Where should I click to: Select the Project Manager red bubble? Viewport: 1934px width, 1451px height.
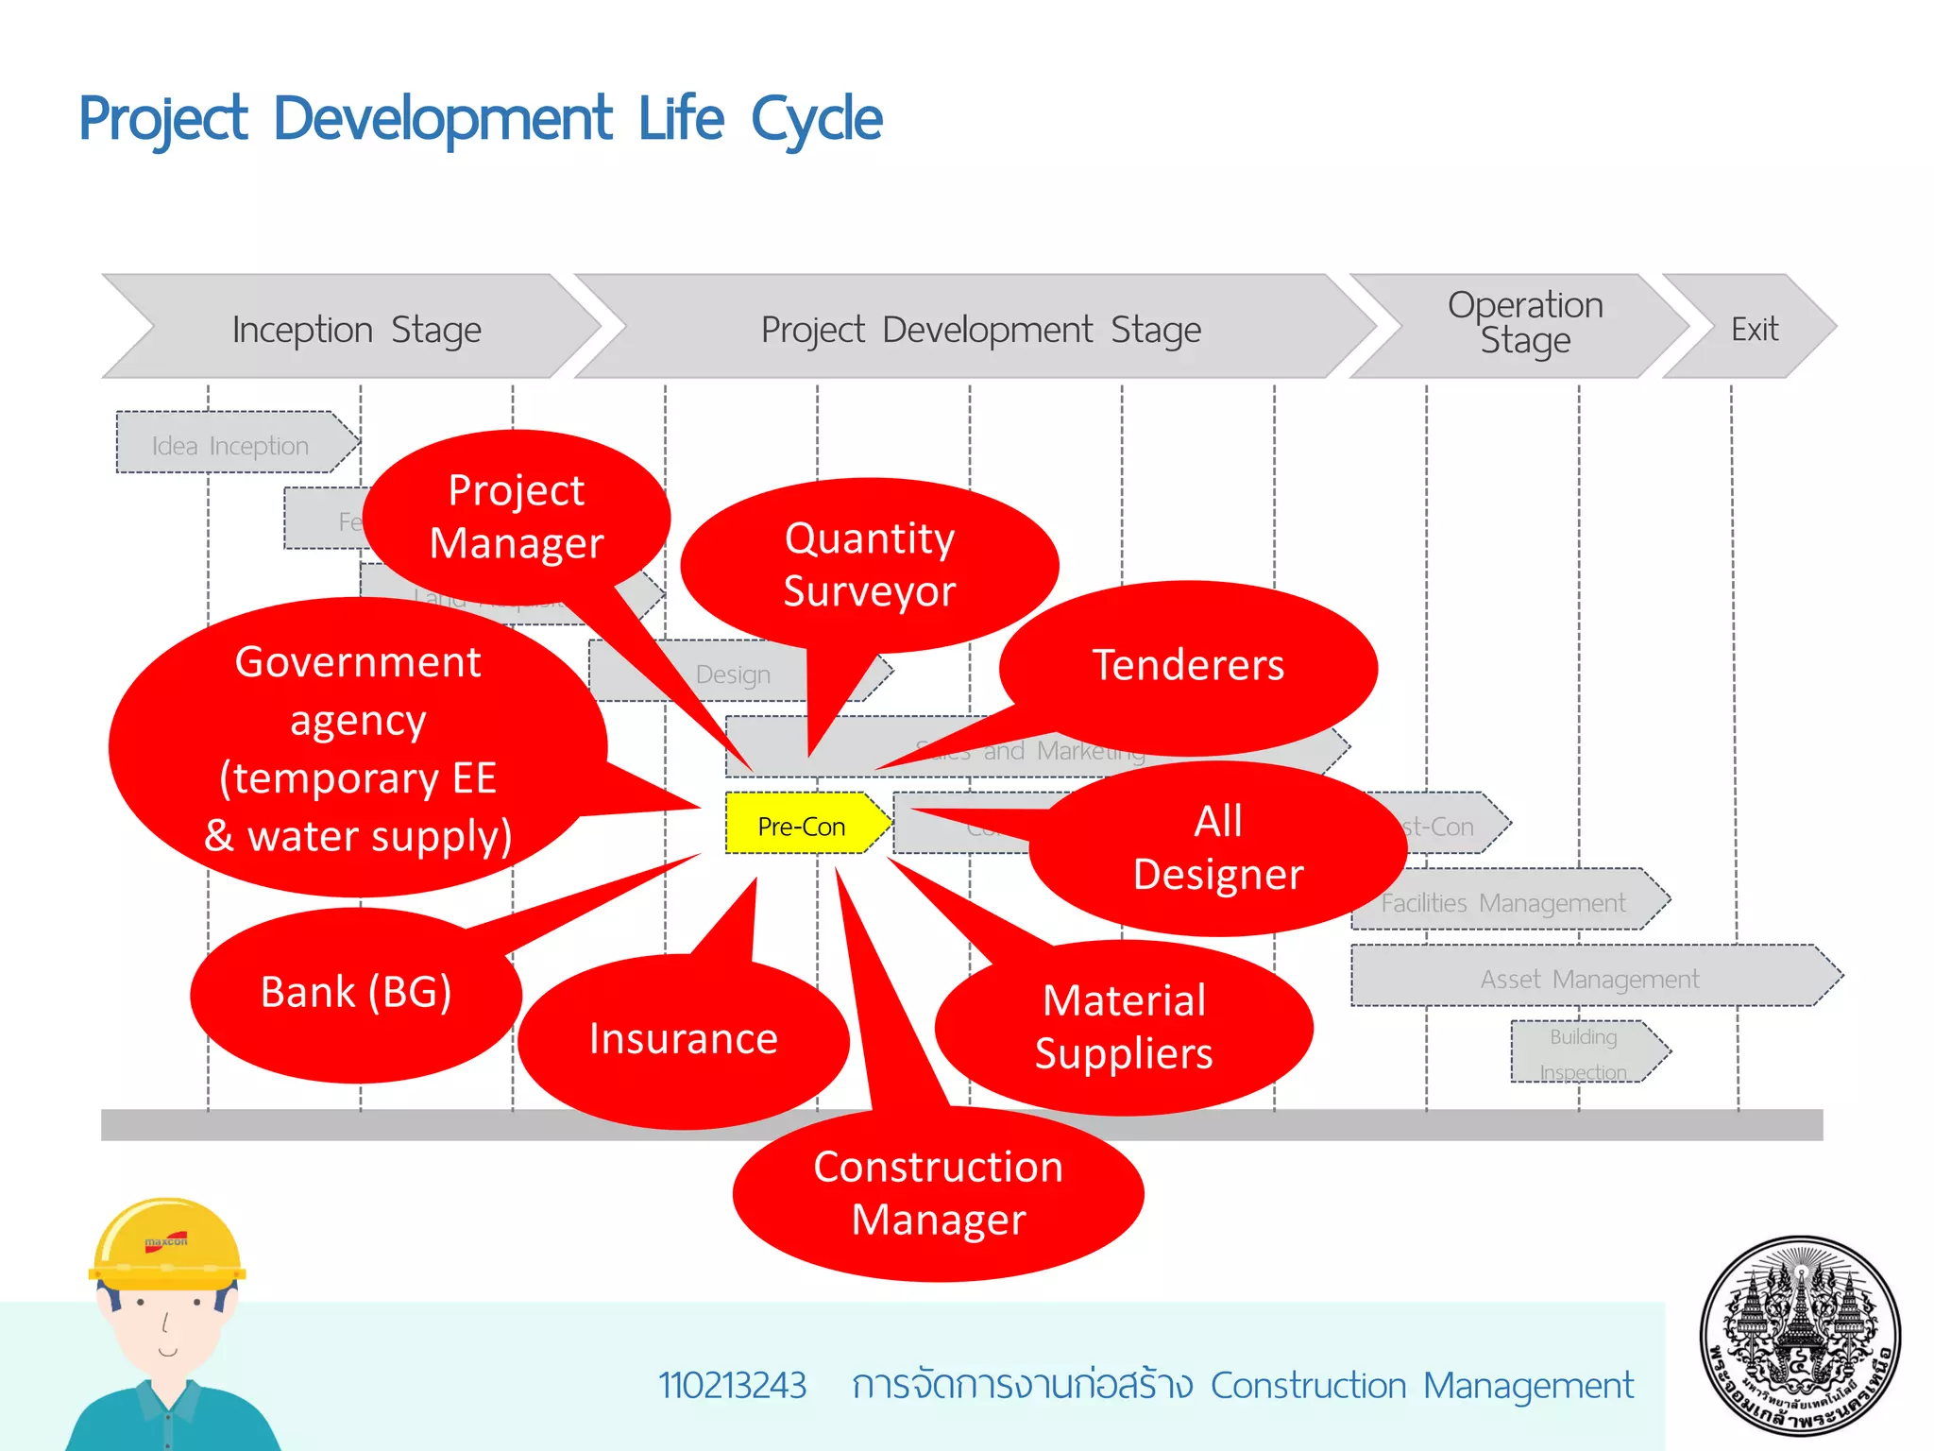click(517, 518)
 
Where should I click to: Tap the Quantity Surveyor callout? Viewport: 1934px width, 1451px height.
click(869, 565)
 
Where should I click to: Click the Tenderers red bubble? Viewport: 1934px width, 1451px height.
click(1188, 665)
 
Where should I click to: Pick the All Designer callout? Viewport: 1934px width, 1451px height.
click(1218, 848)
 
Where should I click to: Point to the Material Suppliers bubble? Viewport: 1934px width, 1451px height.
click(1124, 1028)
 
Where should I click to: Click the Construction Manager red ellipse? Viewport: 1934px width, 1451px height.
click(938, 1194)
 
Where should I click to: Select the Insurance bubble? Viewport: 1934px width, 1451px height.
click(683, 1040)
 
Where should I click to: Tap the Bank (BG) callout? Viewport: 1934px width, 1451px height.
click(356, 993)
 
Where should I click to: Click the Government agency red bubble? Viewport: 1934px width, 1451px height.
click(358, 748)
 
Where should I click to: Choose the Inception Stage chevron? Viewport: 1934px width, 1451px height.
click(356, 329)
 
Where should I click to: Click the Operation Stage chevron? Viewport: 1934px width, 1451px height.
click(1524, 323)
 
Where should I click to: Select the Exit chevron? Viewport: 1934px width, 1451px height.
click(1753, 329)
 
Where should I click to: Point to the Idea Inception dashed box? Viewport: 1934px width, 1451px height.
click(230, 444)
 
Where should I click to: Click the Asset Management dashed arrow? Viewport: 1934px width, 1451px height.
click(1590, 978)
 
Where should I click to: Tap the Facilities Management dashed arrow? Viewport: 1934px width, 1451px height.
click(1503, 901)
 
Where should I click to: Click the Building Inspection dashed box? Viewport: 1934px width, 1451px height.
click(1584, 1052)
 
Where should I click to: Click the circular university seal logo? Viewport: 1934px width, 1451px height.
click(1800, 1336)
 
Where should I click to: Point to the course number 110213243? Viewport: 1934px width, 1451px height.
click(732, 1385)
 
